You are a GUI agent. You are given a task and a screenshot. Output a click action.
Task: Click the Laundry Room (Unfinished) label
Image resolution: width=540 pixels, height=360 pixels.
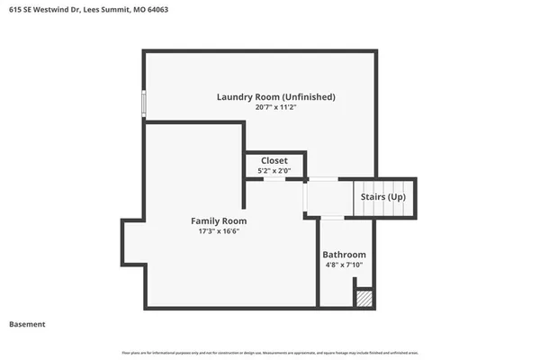click(276, 96)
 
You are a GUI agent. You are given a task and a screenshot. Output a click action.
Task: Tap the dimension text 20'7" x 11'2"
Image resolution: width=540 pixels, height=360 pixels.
click(276, 107)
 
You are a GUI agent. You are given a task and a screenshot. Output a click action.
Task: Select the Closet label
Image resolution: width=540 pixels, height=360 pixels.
click(274, 160)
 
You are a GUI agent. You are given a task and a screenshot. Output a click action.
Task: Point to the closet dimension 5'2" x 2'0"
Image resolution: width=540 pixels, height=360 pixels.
click(274, 170)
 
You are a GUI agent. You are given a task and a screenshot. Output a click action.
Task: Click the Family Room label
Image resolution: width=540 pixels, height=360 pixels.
click(219, 220)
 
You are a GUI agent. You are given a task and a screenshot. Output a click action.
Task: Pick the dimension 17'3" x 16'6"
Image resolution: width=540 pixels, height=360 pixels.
click(219, 231)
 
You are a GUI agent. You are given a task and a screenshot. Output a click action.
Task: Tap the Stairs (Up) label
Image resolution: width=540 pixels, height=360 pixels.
click(383, 196)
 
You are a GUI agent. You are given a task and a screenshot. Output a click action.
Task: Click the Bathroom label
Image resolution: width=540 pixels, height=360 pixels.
click(345, 254)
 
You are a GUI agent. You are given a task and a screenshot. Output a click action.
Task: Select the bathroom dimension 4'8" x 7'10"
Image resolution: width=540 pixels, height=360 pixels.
click(345, 265)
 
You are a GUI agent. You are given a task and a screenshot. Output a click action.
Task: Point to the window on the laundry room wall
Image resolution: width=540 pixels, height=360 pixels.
click(143, 103)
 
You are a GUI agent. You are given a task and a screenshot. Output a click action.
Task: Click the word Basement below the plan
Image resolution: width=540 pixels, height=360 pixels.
click(27, 324)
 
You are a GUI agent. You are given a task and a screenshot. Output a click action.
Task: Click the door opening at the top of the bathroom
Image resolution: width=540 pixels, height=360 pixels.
click(332, 218)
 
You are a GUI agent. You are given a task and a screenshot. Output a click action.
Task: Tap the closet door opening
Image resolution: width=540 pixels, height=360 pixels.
click(274, 179)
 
